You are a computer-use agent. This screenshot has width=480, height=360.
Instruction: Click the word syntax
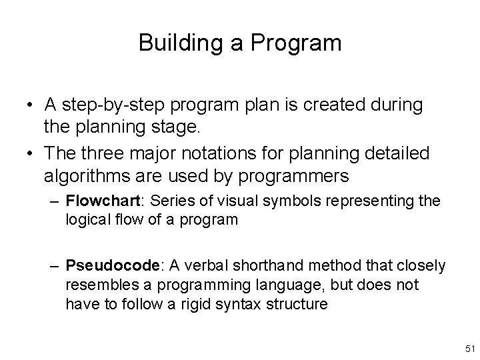coord(230,304)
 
